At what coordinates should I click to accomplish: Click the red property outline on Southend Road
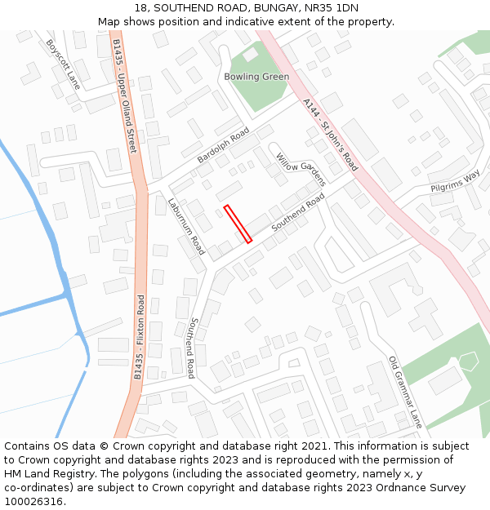coord(238,224)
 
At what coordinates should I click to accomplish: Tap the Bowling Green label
coord(256,77)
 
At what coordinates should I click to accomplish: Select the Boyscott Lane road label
coord(63,64)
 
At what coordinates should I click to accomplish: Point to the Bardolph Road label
coord(223,145)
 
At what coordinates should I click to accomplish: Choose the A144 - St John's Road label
coord(330,135)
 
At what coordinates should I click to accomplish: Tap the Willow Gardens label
coord(301,169)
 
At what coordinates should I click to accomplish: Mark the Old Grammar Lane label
coord(405,392)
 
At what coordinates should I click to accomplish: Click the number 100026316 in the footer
coord(33,501)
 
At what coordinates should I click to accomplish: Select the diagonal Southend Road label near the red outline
coord(298,212)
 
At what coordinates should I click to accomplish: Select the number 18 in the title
coord(141,8)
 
